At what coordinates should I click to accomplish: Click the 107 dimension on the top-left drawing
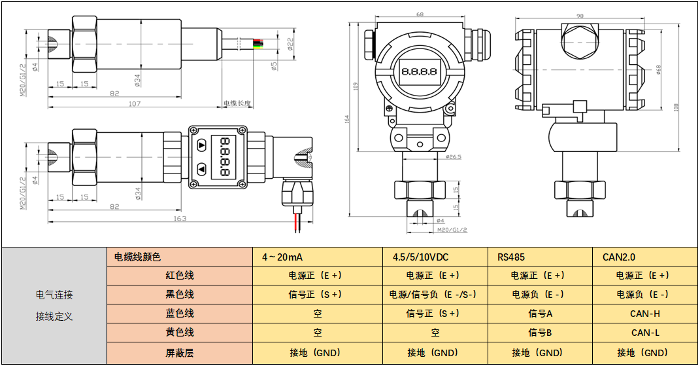pyautogui.click(x=135, y=103)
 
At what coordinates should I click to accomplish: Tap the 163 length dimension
pyautogui.click(x=180, y=218)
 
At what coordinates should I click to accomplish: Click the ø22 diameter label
pyautogui.click(x=290, y=44)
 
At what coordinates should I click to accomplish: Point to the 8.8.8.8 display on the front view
pyautogui.click(x=419, y=71)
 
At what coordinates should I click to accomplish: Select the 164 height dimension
pyautogui.click(x=347, y=119)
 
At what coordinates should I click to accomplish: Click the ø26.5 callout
pyautogui.click(x=453, y=157)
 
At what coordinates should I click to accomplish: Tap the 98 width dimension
pyautogui.click(x=579, y=16)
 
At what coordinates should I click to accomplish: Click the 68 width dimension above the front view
pyautogui.click(x=419, y=14)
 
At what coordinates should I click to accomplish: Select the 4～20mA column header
pyautogui.click(x=282, y=257)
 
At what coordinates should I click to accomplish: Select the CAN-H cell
pyautogui.click(x=644, y=314)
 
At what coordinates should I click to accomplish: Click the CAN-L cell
pyautogui.click(x=644, y=333)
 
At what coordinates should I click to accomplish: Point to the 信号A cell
pyautogui.click(x=541, y=314)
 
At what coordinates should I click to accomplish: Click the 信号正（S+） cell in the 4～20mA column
pyautogui.click(x=317, y=295)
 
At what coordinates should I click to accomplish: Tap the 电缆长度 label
pyautogui.click(x=237, y=103)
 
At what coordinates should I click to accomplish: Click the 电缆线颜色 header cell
pyautogui.click(x=137, y=257)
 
